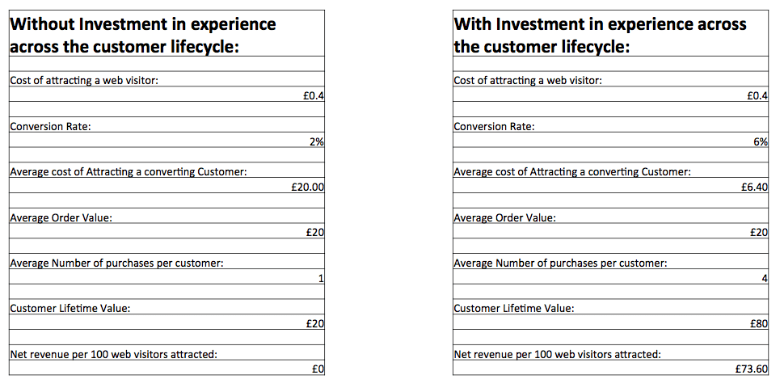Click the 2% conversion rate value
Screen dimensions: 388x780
[317, 141]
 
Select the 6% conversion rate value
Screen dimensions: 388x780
[761, 141]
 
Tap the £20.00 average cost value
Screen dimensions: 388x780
[307, 188]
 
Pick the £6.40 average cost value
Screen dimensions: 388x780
[753, 188]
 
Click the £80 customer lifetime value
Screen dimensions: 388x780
[758, 324]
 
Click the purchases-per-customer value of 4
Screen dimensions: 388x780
[764, 279]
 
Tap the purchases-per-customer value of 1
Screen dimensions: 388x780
[321, 279]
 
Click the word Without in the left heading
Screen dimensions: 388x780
[38, 24]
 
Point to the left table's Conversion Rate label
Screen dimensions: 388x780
[49, 126]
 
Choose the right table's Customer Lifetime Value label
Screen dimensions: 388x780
[514, 309]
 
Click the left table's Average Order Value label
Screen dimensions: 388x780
[61, 217]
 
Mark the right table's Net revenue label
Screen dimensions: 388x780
[557, 354]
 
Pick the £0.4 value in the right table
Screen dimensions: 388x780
[757, 96]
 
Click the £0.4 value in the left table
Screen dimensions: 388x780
[313, 96]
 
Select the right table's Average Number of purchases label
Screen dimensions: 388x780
[560, 263]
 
